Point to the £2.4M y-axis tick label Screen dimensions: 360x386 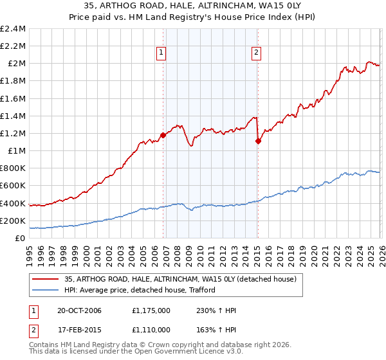tap(13, 29)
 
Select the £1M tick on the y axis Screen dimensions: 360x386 tap(16, 150)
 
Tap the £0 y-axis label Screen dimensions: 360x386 tap(21, 238)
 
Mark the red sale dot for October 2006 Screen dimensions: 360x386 tap(163, 135)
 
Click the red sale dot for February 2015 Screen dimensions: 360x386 tap(257, 141)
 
